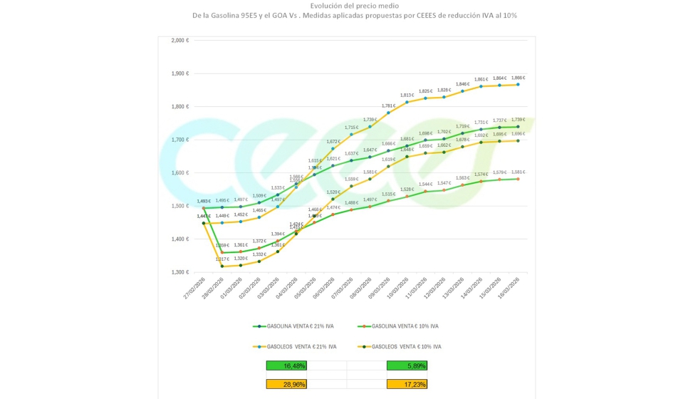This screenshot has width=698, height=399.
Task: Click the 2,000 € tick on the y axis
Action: click(179, 41)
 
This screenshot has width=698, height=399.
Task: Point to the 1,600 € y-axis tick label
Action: click(179, 173)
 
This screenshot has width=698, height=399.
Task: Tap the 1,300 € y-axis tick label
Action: click(179, 272)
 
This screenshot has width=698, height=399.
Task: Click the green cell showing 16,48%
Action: click(286, 366)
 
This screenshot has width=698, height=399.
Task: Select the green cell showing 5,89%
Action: click(406, 366)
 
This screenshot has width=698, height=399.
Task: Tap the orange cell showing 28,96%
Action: click(286, 384)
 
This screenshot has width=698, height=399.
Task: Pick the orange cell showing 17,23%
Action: click(406, 384)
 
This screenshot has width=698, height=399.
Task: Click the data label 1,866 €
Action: click(518, 78)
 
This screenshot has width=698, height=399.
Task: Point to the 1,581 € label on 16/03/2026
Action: click(518, 172)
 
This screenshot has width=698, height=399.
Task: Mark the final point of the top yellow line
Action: click(518, 84)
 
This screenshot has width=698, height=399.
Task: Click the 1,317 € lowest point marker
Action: click(222, 266)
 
